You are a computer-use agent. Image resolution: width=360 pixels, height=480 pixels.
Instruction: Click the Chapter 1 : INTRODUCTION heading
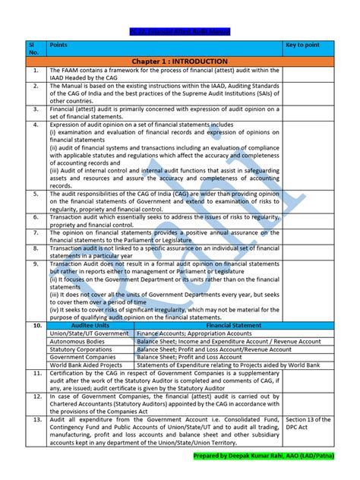179,61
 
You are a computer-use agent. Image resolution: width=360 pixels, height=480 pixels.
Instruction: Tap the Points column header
58,45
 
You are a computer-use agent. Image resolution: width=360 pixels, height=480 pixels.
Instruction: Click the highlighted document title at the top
179,32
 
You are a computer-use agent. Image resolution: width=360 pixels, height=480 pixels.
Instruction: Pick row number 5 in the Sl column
36,194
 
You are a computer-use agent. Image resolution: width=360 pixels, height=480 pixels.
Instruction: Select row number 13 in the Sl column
36,418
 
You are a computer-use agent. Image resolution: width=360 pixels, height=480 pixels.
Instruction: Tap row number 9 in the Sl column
36,264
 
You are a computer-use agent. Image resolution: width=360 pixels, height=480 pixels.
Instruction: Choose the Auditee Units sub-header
90,324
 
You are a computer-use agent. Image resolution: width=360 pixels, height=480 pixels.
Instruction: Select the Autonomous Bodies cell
81,340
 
